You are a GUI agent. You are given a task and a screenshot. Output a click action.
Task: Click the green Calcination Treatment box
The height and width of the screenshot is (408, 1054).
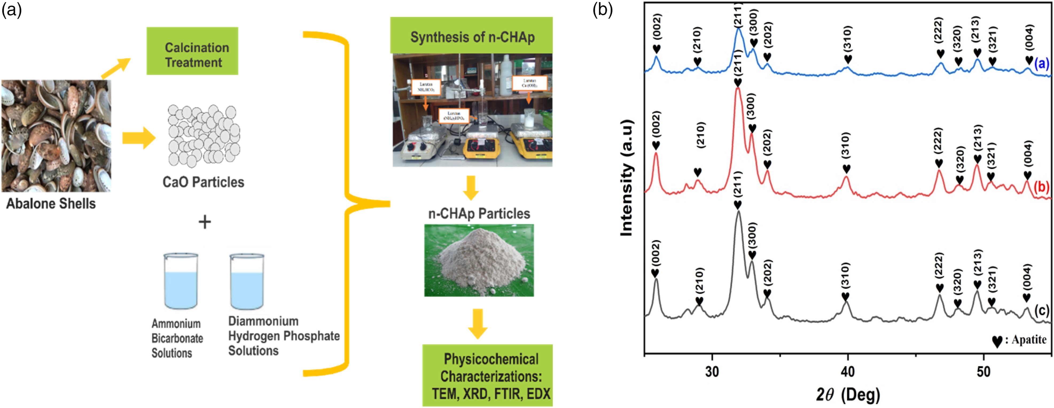pos(192,51)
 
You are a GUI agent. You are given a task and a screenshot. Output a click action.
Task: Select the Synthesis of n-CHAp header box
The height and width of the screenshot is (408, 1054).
pos(471,36)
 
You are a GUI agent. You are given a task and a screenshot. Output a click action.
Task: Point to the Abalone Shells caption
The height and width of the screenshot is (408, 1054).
pos(51,204)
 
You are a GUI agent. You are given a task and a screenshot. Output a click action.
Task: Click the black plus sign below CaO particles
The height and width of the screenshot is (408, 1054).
pos(205,222)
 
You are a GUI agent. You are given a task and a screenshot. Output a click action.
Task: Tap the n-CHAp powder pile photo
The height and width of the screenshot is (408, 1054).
pos(479,260)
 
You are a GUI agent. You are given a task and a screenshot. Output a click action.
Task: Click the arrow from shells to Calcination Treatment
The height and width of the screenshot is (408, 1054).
pos(116,68)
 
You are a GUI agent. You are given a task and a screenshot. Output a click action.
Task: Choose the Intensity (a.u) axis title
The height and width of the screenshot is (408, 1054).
pos(627,178)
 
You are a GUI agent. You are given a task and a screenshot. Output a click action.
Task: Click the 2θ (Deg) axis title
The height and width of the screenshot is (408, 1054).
pos(848,395)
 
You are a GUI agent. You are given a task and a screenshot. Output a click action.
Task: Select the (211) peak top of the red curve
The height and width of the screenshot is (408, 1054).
pos(738,89)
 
